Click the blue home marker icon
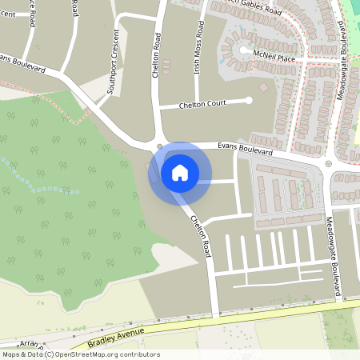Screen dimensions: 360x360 pos(180,172)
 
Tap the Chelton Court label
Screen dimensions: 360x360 pos(203,103)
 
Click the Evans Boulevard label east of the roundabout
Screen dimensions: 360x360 pos(246,149)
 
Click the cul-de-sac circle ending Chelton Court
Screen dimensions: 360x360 pos(249,100)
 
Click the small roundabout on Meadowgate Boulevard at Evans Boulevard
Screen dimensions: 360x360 pos(327,163)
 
